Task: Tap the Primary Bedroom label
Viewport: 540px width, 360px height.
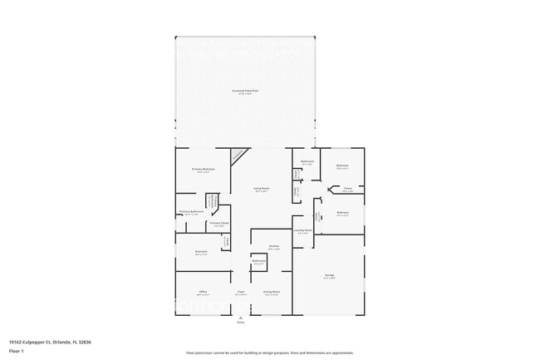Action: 204,170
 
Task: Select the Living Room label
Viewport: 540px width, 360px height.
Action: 261,189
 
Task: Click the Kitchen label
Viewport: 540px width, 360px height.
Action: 273,246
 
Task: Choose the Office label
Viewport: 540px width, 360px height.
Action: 203,292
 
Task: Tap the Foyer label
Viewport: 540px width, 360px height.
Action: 240,292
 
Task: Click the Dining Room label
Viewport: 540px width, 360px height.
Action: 271,292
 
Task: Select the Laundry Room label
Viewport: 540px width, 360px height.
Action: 302,230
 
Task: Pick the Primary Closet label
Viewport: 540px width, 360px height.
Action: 219,224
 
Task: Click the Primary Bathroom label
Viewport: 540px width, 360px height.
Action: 191,212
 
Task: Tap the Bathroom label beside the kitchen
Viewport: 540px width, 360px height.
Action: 258,261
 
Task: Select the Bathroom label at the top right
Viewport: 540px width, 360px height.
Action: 307,161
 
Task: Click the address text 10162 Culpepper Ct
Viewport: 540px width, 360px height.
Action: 40,340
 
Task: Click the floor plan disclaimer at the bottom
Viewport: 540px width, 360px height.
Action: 270,353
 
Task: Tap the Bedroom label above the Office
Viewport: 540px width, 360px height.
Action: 200,252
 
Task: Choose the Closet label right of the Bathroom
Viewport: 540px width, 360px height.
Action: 348,189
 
